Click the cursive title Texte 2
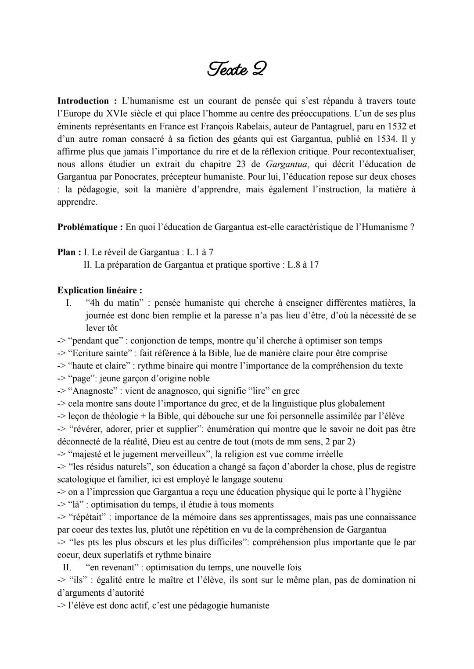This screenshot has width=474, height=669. [237, 69]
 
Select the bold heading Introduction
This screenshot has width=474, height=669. [83, 101]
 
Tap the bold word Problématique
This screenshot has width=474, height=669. [87, 227]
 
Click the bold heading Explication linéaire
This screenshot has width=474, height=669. [100, 290]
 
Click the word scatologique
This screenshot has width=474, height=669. [83, 479]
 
